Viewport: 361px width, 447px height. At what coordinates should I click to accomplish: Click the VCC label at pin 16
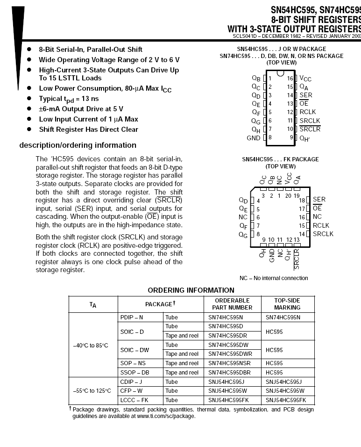tap(305, 79)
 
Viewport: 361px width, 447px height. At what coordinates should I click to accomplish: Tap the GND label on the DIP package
tap(254, 138)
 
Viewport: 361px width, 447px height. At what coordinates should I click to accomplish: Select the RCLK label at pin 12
tap(308, 112)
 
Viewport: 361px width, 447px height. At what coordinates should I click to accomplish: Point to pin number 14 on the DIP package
tap(290, 95)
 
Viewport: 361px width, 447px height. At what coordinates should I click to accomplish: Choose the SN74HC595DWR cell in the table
tap(230, 354)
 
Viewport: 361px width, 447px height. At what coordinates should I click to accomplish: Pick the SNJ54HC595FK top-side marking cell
tap(286, 400)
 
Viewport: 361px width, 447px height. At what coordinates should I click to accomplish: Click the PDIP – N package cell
tap(132, 317)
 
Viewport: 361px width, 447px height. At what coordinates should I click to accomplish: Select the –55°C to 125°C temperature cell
tap(92, 391)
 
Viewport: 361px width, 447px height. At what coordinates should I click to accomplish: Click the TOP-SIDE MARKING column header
tap(287, 304)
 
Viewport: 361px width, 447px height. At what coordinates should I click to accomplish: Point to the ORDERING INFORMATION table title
tap(191, 290)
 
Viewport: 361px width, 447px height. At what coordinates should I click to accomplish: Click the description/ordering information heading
tap(78, 145)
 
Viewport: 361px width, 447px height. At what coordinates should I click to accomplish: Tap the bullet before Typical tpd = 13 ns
tap(29, 99)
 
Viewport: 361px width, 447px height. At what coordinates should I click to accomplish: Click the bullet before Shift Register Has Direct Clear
tap(29, 130)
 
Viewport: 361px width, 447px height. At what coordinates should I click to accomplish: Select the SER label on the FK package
tap(319, 200)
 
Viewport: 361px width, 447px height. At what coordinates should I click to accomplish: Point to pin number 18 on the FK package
tap(302, 200)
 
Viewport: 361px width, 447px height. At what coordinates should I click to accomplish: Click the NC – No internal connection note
tap(274, 278)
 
